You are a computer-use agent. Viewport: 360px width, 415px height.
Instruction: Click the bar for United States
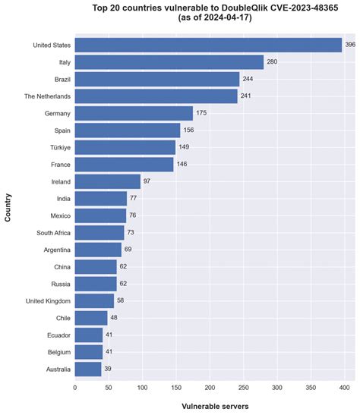click(x=208, y=45)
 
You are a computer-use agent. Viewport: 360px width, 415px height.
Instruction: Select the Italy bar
click(x=169, y=62)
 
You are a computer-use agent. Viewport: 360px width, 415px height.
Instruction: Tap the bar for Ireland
click(x=108, y=181)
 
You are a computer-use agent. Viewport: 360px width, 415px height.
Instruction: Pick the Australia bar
click(x=88, y=369)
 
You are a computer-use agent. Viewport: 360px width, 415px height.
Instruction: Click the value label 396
click(x=350, y=45)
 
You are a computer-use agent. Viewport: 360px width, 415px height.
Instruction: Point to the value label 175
click(x=201, y=113)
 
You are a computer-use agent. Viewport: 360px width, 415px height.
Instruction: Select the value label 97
click(x=147, y=181)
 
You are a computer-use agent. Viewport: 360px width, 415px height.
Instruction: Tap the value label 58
click(x=120, y=300)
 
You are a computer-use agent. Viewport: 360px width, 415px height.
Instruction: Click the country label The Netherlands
click(x=47, y=96)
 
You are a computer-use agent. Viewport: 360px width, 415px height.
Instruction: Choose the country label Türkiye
click(x=61, y=147)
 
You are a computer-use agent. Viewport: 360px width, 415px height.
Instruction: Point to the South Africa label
click(x=53, y=233)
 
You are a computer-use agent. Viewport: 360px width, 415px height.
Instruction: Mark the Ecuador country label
click(x=58, y=335)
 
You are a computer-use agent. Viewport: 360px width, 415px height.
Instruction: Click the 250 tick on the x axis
click(x=244, y=388)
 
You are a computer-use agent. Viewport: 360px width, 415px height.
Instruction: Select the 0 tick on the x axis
click(x=75, y=388)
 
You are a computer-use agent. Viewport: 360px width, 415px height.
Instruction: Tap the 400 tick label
click(x=344, y=388)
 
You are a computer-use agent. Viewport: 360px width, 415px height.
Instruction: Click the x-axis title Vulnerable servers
click(x=215, y=406)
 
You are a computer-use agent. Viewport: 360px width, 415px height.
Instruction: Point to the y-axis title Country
click(x=8, y=208)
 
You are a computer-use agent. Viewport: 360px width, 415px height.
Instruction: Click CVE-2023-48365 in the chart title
click(x=304, y=8)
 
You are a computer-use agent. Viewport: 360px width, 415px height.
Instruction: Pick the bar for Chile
click(x=91, y=318)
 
